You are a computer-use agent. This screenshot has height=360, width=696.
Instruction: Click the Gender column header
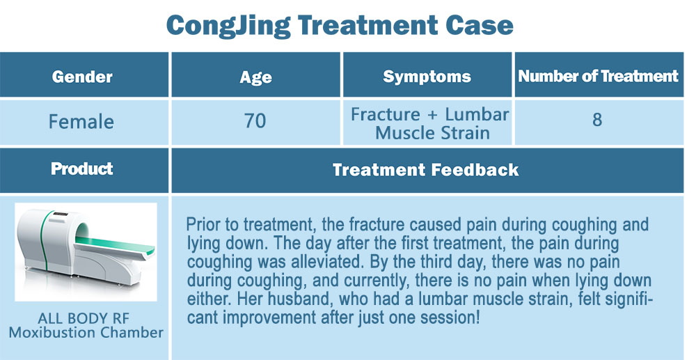click(x=82, y=77)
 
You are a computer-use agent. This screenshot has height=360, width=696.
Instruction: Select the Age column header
click(x=255, y=77)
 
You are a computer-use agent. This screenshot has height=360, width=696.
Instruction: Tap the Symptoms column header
click(x=427, y=77)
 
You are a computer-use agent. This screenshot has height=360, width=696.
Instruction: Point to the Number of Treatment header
click(x=599, y=76)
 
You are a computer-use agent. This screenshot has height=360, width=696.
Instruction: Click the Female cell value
click(x=81, y=121)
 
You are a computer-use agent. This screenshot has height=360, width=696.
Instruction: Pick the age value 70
click(x=255, y=120)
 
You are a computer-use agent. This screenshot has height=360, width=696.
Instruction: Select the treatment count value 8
click(x=597, y=120)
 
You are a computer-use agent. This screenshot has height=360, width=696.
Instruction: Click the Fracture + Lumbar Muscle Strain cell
click(x=429, y=123)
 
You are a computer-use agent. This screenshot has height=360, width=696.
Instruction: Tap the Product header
click(x=82, y=169)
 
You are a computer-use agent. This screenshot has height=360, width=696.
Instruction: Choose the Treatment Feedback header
click(x=426, y=170)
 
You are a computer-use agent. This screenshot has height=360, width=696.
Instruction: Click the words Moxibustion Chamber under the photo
click(x=86, y=332)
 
